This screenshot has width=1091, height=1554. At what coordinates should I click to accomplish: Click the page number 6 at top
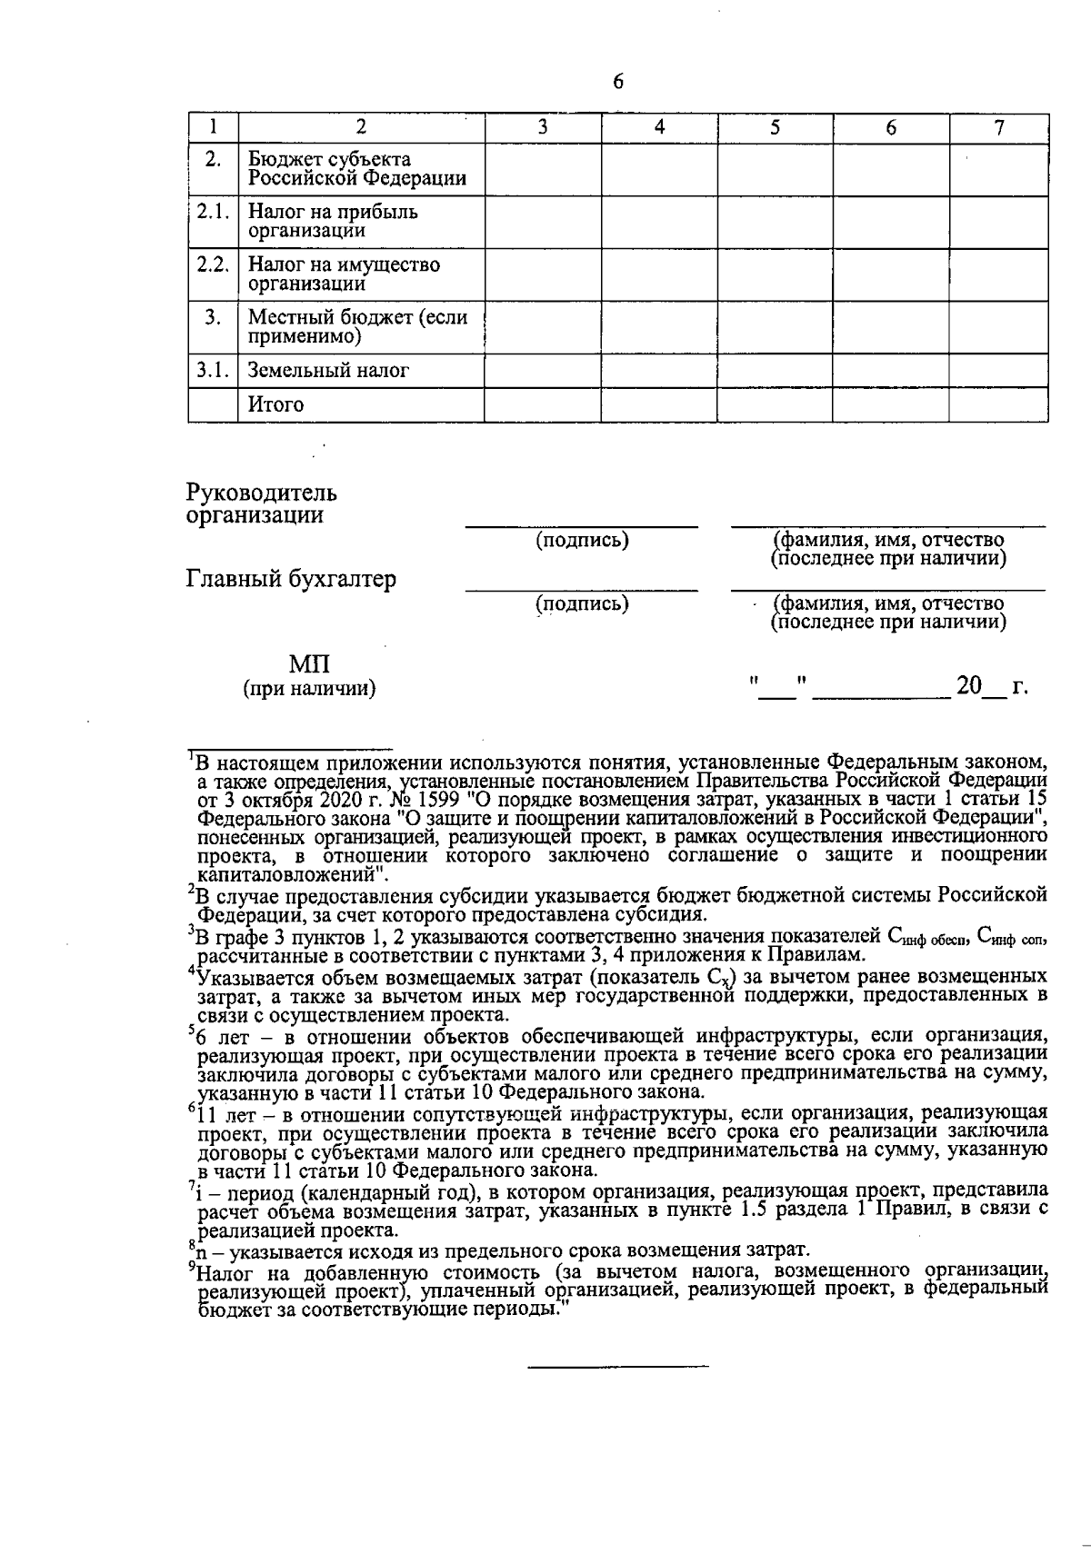618,82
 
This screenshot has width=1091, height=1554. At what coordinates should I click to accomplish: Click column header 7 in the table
998,128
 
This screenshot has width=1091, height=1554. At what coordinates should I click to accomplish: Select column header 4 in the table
659,128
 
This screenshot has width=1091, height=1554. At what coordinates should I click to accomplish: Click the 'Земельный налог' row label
329,371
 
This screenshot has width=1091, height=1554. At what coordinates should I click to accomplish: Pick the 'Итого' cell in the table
277,405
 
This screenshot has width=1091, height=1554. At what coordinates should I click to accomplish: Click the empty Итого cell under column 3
542,405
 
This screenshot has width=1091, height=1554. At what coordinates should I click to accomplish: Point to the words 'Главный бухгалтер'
291,579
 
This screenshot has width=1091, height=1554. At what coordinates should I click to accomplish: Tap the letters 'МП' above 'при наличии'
309,664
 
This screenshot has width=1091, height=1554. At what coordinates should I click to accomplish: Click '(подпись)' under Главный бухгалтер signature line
582,603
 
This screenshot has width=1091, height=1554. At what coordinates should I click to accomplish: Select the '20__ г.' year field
991,687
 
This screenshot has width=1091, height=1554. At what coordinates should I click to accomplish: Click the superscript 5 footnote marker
191,1031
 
